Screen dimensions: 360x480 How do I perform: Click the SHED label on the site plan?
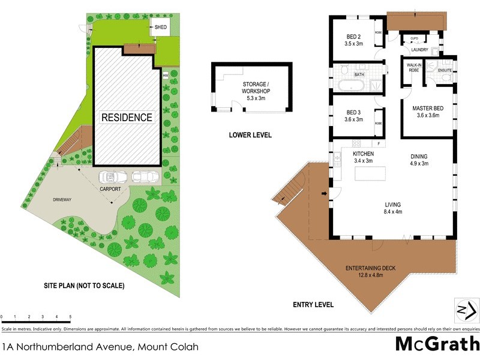pos(161,28)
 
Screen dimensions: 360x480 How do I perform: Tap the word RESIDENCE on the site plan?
pos(127,117)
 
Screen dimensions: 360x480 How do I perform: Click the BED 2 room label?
pos(353,35)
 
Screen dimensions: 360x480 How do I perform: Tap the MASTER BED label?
pos(427,108)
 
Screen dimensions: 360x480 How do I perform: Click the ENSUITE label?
pos(445,70)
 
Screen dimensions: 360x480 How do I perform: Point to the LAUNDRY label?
pos(420,50)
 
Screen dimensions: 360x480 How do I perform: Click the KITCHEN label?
pos(363,154)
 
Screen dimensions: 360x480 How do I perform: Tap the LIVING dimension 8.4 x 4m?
pos(393,211)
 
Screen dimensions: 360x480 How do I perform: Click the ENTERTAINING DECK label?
pos(368,268)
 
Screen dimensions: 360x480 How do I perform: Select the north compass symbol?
pos(466,310)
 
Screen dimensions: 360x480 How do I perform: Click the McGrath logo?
pos(437,344)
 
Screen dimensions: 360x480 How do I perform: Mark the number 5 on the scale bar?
pos(70,316)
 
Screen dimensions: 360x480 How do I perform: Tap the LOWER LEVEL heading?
pos(250,135)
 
